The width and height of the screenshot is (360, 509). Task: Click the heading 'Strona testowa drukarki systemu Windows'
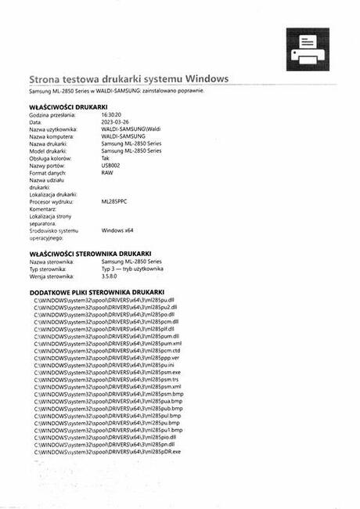tap(128, 79)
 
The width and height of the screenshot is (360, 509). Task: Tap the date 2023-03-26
tap(117, 122)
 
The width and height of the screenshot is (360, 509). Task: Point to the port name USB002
tap(111, 165)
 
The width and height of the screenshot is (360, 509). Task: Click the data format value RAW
tap(107, 172)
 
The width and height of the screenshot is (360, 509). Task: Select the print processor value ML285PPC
tap(115, 201)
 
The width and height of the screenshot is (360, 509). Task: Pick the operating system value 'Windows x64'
tap(117, 230)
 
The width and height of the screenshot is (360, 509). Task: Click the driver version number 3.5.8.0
tap(113, 276)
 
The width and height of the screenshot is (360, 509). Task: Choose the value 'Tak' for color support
tap(106, 158)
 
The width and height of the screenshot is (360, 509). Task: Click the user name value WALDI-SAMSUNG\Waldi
tap(131, 129)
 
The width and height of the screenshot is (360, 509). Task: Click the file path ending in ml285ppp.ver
tap(107, 358)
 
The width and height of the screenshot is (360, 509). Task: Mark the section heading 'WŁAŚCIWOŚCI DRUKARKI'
tap(68, 106)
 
